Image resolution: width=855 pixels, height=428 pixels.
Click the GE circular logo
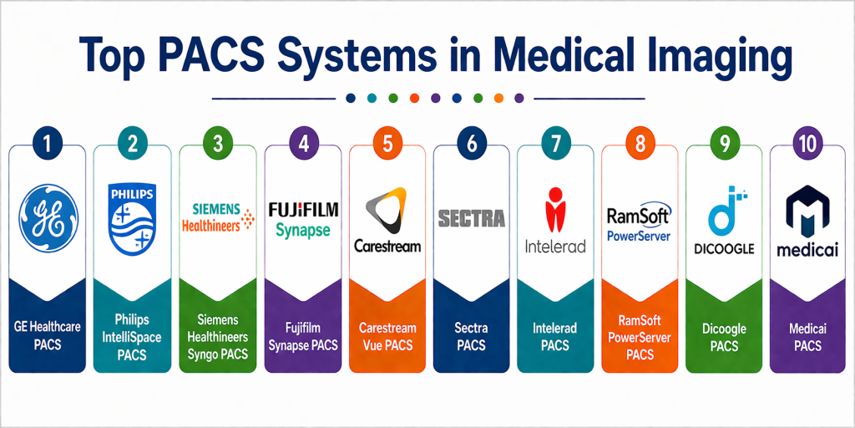point(48,219)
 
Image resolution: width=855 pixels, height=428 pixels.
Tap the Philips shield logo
point(133,218)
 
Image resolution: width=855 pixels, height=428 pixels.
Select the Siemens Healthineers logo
point(218,216)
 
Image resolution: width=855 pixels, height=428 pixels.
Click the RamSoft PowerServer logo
point(640,221)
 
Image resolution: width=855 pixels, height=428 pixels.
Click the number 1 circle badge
point(48,144)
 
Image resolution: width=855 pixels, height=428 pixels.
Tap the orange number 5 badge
point(387,144)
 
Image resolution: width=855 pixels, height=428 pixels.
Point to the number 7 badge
point(556,144)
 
